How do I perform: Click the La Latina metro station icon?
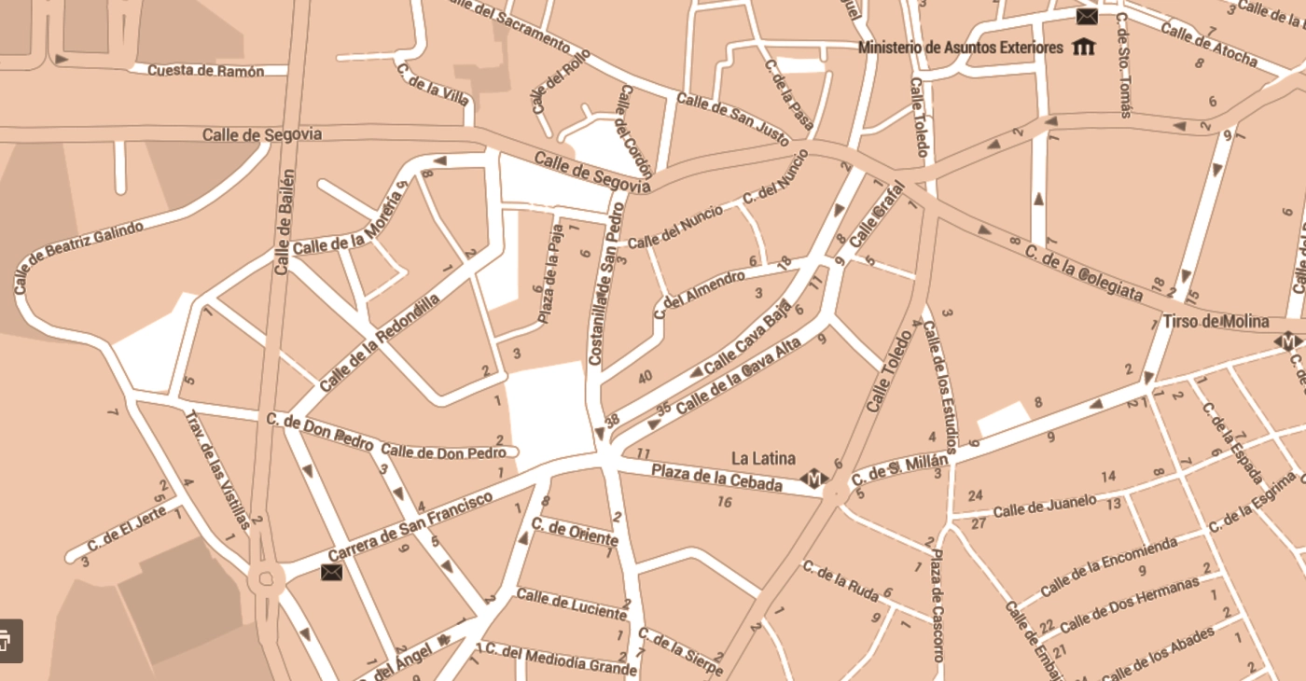813,479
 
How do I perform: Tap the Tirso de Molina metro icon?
1288,342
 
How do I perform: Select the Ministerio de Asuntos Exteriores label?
960,48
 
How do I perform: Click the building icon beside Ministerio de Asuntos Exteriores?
1083,47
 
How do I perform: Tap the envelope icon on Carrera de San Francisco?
331,572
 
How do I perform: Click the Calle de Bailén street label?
285,222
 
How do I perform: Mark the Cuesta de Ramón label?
205,71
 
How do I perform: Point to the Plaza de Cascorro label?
938,605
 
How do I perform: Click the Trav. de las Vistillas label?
217,469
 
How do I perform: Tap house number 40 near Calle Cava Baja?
645,377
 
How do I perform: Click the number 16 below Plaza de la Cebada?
724,502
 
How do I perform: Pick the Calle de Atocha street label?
1208,43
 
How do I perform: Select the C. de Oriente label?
574,532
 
